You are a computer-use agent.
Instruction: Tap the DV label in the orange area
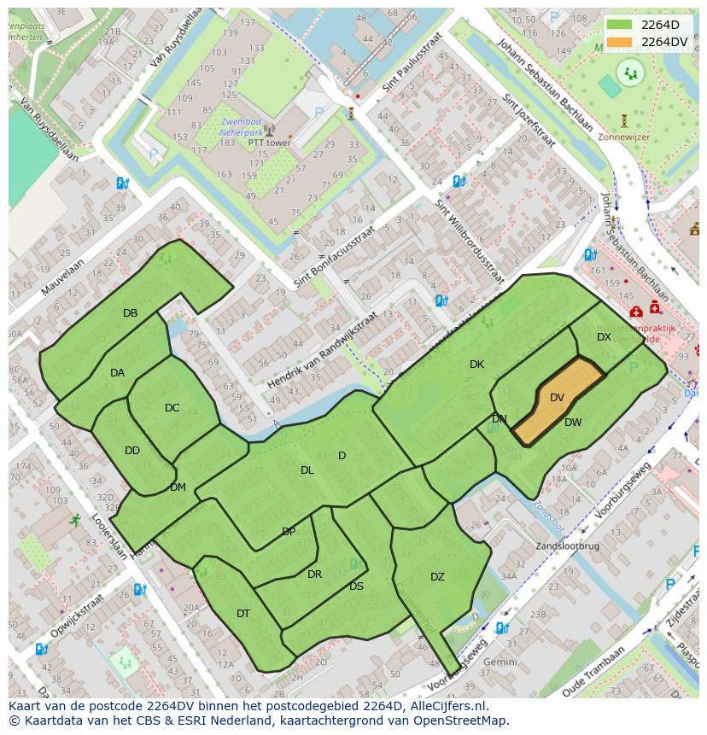557,398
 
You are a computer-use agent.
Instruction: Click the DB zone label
130,313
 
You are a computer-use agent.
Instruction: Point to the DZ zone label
437,577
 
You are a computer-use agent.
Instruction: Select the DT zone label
243,614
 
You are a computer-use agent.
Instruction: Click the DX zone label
604,337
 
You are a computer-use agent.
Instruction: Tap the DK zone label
476,365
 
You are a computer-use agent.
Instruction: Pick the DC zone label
172,408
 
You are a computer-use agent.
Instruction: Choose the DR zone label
314,575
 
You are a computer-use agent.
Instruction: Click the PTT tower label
269,143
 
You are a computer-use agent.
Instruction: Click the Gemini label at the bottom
500,662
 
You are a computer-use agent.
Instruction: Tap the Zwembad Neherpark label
240,128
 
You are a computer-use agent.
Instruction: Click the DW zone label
573,423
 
